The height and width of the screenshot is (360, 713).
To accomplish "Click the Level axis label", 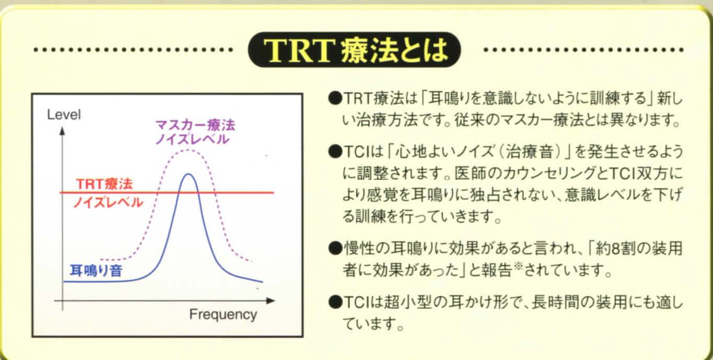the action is point(64,114).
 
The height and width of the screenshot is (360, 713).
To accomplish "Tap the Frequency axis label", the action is point(223,315).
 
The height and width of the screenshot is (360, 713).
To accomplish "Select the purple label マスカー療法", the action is point(195,125).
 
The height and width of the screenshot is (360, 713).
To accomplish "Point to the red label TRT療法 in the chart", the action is point(104,184).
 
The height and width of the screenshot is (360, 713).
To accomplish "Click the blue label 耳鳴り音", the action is point(96,271).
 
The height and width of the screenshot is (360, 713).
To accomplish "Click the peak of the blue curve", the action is point(188,174).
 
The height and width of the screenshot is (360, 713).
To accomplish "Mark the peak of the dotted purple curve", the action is point(188,151).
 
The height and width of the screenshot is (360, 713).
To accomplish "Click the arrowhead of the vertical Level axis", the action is point(62,131).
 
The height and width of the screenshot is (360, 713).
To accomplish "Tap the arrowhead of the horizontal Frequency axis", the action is point(271,301).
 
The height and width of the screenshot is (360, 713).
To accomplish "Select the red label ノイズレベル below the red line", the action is point(108,203).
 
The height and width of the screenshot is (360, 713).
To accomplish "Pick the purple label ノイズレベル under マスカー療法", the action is point(192,139).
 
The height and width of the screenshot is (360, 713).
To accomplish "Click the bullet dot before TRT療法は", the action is point(335,98).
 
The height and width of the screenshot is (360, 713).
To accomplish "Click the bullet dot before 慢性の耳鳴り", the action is point(335,248).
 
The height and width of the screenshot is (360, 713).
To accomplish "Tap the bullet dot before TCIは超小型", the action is point(335,302).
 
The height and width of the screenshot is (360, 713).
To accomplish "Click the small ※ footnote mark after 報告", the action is point(518,266).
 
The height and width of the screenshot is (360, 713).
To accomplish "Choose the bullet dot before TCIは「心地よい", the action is point(335,152).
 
